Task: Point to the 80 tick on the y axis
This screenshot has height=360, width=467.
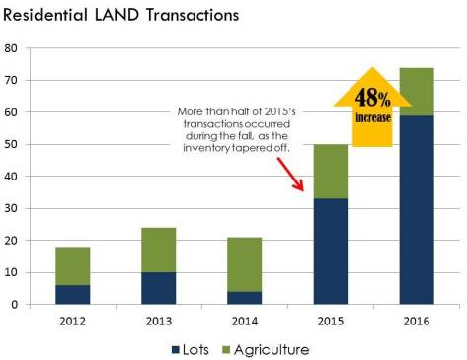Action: click(12, 48)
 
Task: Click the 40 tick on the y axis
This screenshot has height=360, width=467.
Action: click(12, 177)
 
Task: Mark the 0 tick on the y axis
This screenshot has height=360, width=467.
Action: click(15, 304)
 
